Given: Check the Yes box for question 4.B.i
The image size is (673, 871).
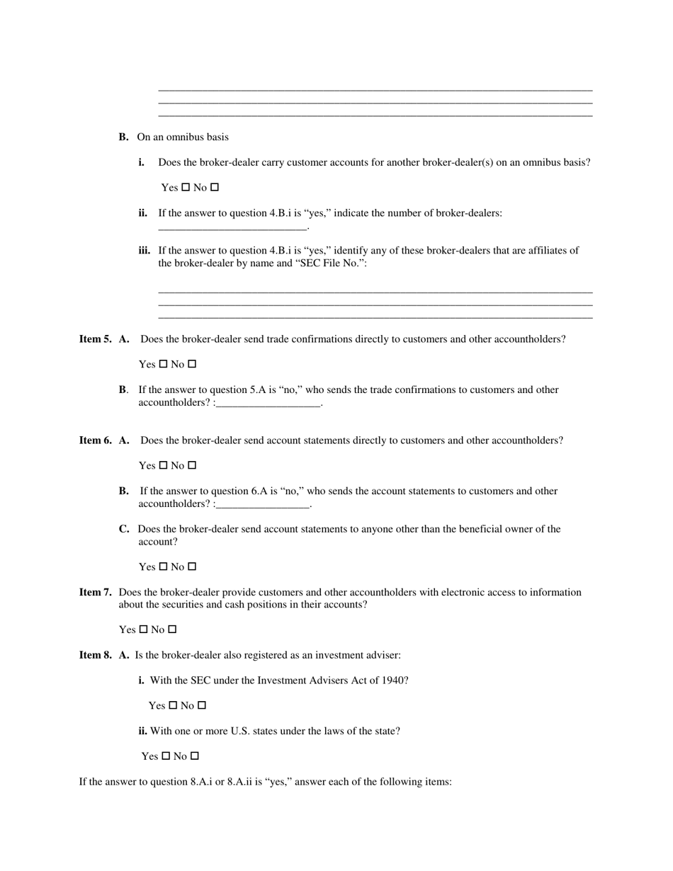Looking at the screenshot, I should point(186,188).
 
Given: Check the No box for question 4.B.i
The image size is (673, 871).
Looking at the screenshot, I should point(215,188).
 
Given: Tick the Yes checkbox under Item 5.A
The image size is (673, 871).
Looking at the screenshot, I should point(163,364).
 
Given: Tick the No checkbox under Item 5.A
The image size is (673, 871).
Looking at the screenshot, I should point(192,364).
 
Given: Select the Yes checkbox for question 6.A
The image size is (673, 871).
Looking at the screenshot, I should point(163,465).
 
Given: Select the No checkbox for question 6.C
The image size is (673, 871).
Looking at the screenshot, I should point(192,567).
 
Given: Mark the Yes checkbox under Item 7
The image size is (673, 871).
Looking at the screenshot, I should point(143,630).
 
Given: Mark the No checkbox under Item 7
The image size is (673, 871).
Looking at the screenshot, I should point(172,630).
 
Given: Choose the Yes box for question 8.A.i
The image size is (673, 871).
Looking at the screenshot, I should point(173,705).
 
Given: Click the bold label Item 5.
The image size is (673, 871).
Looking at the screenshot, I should point(95,339).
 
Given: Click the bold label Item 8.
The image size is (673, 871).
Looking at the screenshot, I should point(95,655).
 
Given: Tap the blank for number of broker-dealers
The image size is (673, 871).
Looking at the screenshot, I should point(232,227).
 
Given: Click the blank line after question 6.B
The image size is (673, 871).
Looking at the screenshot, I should point(263,506).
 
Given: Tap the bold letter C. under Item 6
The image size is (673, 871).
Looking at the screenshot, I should point(124,529).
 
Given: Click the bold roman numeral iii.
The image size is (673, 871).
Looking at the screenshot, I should point(145,250).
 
